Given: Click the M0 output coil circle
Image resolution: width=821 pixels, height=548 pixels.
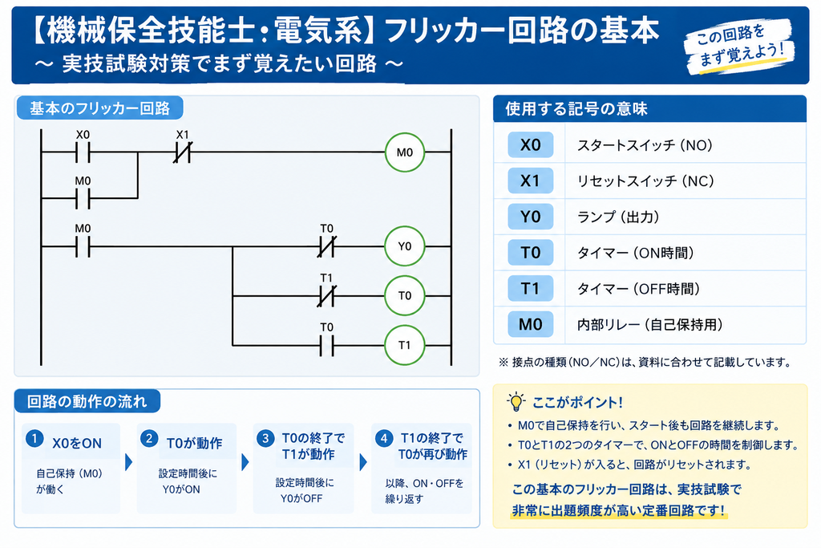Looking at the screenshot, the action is (x=404, y=152).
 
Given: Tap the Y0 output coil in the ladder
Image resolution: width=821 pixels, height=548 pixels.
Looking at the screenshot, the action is (x=404, y=246).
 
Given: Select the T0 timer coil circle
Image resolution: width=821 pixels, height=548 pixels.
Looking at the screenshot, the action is (x=404, y=295).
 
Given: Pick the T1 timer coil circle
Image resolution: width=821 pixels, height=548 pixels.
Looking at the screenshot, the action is (x=404, y=345).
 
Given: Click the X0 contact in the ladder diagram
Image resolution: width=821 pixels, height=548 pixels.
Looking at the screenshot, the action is (x=83, y=152).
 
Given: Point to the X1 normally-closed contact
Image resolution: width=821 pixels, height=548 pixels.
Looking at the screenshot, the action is (x=182, y=152).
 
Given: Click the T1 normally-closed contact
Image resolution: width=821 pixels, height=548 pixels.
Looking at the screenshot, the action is (x=327, y=296).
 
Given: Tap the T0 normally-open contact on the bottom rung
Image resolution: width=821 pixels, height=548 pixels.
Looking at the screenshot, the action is (x=327, y=346).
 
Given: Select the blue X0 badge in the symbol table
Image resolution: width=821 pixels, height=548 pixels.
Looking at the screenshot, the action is (x=531, y=145).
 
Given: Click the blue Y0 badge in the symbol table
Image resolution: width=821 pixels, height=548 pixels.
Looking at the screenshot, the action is (x=531, y=217).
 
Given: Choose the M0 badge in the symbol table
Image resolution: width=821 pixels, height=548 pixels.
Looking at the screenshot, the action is (x=531, y=324).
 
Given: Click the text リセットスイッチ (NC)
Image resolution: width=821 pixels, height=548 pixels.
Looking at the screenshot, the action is (x=645, y=181).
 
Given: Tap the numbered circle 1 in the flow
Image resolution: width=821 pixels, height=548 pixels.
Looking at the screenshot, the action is (x=34, y=438).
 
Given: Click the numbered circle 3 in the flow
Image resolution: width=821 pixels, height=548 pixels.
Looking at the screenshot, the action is (x=265, y=438).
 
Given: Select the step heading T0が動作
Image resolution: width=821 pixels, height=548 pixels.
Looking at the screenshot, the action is (x=194, y=443).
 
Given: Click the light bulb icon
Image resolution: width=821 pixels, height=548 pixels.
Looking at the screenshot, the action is (x=516, y=402).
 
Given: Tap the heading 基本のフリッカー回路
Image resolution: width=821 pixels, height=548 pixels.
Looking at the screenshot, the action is (x=100, y=108).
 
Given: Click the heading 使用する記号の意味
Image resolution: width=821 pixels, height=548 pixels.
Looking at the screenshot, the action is (x=576, y=109).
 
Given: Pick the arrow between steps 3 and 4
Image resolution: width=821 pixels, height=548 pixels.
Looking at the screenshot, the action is (x=363, y=462).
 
